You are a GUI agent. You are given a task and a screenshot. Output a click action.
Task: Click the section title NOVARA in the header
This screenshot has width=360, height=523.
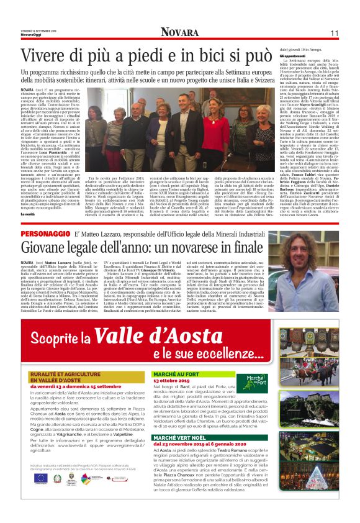(179, 32)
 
